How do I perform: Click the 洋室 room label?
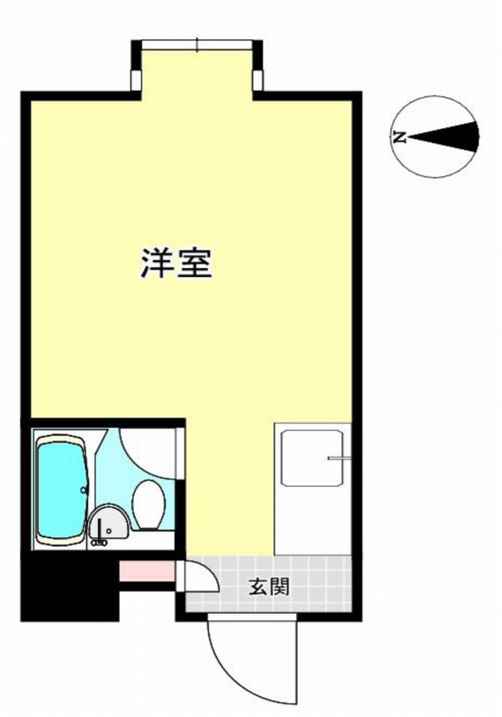pos(177,263)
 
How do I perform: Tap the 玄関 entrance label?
pos(269,586)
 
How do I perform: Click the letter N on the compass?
pos(400,136)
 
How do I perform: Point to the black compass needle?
pos(443,137)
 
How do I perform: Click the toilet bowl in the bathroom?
pos(149,504)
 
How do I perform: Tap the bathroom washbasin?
pos(109,523)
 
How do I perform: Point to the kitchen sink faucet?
pos(339,458)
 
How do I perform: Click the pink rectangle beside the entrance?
pos(146,571)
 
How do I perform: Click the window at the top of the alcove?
pos(197,45)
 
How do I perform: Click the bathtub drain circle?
pos(83,489)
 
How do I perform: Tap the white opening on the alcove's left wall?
pos(136,80)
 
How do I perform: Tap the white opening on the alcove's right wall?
pos(259,80)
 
